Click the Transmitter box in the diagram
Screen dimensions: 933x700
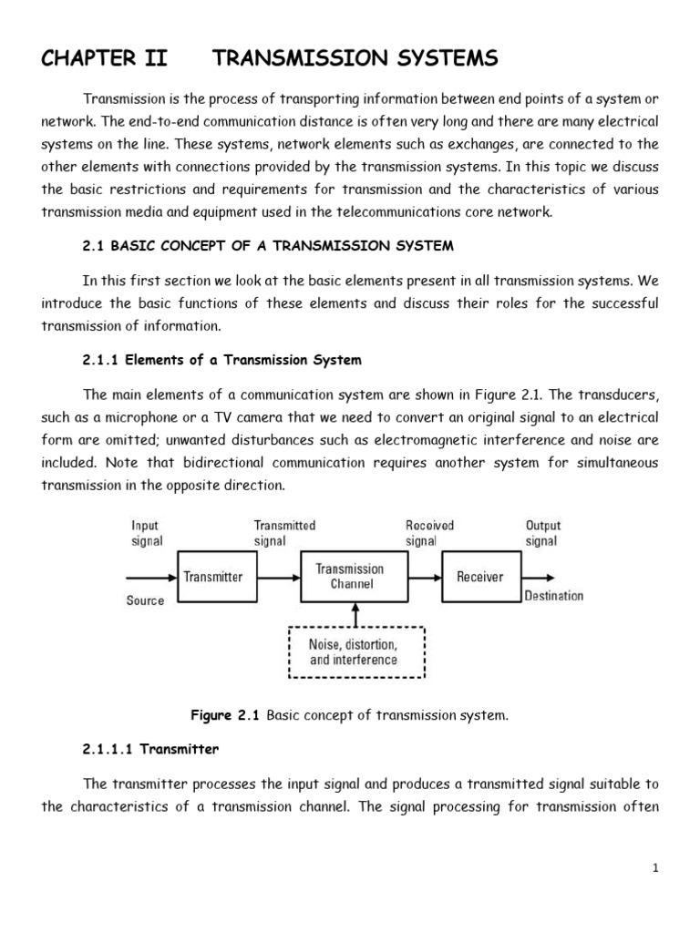tap(212, 576)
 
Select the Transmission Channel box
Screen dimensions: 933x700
tap(350, 576)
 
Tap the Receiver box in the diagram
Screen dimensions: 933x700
tap(479, 576)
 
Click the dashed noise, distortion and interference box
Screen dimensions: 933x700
tap(355, 652)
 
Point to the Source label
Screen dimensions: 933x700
tap(146, 600)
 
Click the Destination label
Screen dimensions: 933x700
tap(553, 596)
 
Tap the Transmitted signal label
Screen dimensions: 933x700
tap(284, 533)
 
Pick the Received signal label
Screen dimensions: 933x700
tap(429, 533)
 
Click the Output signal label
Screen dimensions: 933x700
tap(543, 533)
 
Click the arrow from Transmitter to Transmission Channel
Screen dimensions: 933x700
tap(278, 576)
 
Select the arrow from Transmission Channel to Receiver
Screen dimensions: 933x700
tap(420, 576)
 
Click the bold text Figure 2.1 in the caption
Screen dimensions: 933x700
tap(224, 715)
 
